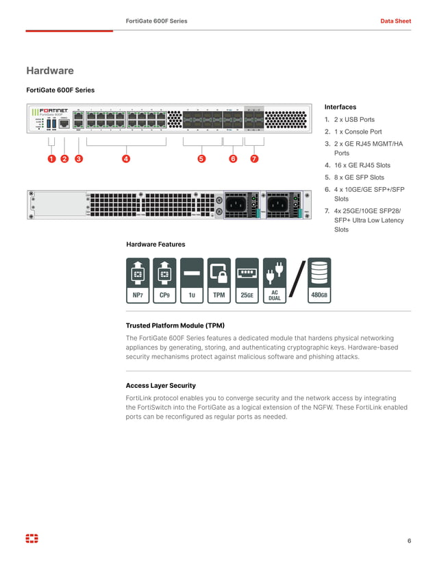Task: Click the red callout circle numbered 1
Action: [x=51, y=159]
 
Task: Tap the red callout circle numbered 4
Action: [x=126, y=159]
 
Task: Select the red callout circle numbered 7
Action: [x=254, y=159]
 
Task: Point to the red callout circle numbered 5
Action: [x=201, y=159]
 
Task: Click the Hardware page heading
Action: [x=50, y=71]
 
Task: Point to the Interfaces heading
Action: [x=340, y=107]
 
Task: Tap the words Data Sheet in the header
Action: [x=395, y=21]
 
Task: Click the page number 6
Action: [x=409, y=541]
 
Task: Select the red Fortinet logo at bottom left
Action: [x=32, y=539]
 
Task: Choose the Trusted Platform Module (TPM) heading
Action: [x=175, y=325]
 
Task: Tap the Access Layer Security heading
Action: [x=160, y=386]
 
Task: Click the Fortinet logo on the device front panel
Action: [x=51, y=110]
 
